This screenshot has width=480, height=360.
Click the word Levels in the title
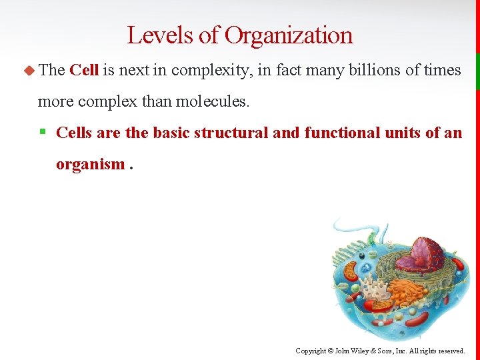[x=152, y=35]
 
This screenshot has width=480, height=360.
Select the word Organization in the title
[x=289, y=35]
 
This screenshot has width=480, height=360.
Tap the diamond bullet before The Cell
[x=28, y=70]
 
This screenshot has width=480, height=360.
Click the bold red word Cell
[x=84, y=70]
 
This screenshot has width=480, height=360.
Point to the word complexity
[x=209, y=70]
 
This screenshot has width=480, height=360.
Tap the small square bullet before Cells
[x=42, y=133]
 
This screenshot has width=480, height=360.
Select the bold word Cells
[x=74, y=133]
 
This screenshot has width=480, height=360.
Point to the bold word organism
[x=90, y=164]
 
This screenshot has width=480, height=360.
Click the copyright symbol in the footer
[x=331, y=351]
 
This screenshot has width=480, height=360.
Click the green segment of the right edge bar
[x=477, y=71]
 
